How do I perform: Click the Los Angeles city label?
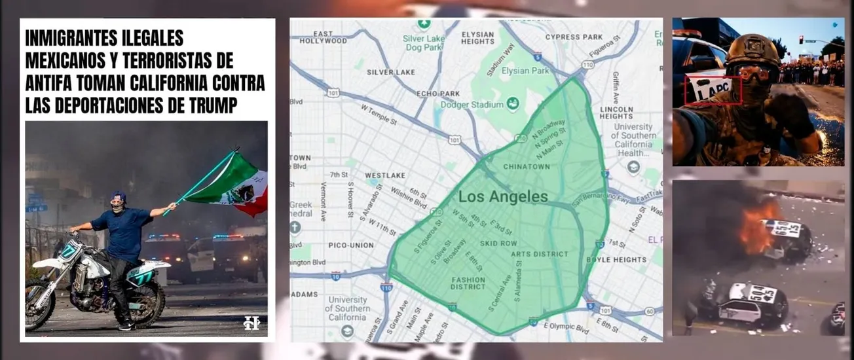click(503, 196)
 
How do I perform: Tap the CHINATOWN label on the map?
click(526, 167)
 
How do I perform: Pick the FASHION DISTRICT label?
click(468, 283)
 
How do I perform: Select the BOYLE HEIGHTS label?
click(616, 260)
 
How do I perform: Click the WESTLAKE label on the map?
click(381, 175)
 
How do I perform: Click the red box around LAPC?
click(713, 90)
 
